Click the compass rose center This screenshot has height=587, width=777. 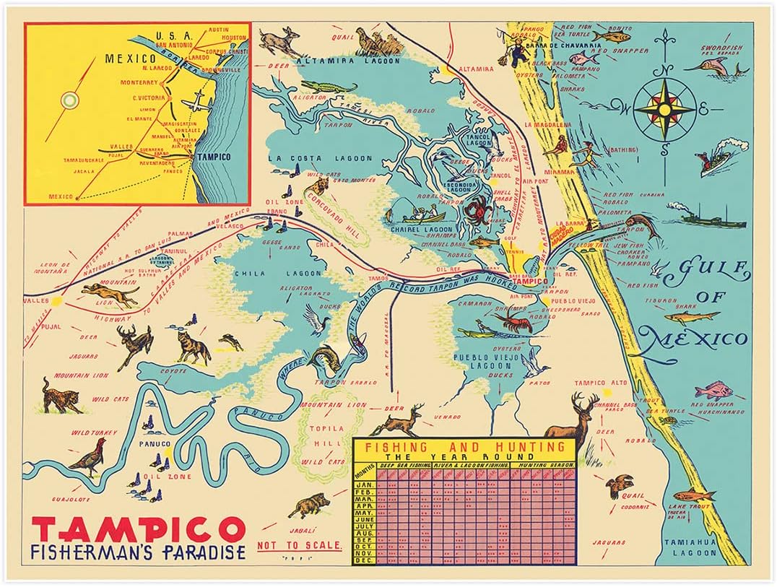tap(664, 109)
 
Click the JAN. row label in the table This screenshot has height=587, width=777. tap(365, 484)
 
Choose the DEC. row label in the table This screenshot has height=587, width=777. tap(365, 560)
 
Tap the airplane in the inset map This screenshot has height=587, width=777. tap(196, 105)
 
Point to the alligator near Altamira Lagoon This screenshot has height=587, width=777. tap(329, 87)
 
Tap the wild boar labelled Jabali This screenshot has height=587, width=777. tap(309, 506)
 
